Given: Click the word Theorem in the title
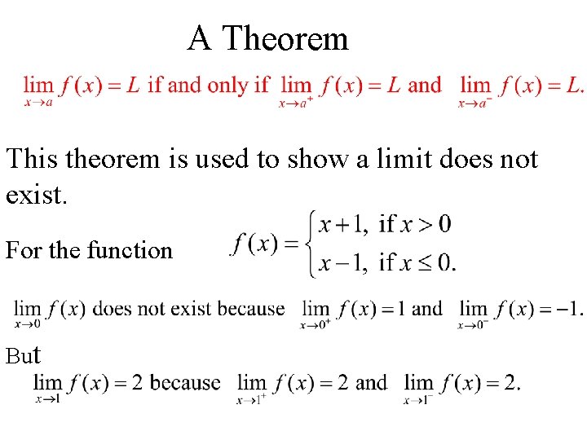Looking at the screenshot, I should click(285, 38).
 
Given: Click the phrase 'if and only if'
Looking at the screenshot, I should click(208, 85).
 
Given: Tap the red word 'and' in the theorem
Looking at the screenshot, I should click(424, 85).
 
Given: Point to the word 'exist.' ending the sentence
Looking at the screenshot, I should click(33, 195).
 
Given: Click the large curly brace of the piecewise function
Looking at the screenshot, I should click(310, 244).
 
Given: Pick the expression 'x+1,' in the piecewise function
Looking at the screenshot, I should click(342, 224).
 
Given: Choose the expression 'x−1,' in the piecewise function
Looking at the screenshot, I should click(342, 263).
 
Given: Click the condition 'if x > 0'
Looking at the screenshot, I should click(415, 224).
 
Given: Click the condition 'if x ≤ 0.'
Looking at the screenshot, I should click(418, 263).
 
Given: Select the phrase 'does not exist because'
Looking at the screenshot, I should click(189, 309).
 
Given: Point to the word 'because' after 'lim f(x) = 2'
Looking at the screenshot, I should click(186, 382).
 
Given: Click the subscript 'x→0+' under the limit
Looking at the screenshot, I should click(315, 325).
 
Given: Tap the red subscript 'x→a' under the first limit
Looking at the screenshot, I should click(38, 102).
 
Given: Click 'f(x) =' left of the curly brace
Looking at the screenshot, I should click(264, 244).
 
